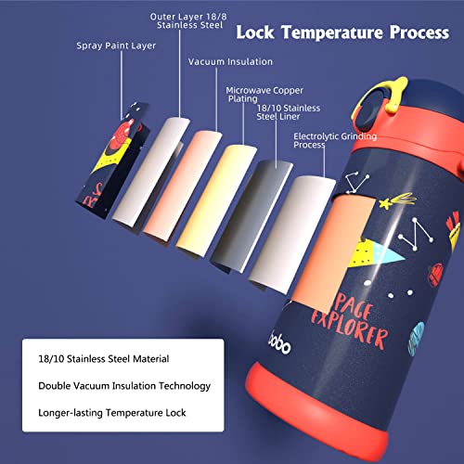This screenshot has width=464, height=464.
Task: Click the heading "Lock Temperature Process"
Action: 342,32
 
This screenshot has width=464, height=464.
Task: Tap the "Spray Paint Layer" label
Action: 116,45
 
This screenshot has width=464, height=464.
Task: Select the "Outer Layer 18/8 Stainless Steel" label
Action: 188,20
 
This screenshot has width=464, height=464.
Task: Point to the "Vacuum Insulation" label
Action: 230,61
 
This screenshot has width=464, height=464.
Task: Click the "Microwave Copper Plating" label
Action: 264,95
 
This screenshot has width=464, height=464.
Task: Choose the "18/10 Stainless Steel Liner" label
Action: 289,112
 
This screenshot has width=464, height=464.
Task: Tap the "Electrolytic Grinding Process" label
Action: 335,140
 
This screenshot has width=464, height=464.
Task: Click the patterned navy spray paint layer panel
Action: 113,161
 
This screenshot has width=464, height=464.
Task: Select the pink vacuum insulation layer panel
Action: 183,186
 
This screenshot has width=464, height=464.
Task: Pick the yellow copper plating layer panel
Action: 216,201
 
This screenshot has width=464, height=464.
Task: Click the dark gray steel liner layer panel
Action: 251,216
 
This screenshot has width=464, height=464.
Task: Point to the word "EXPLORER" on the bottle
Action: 350,331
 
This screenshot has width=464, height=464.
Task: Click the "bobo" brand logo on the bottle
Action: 279,342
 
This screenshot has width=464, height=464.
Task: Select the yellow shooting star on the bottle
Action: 397,200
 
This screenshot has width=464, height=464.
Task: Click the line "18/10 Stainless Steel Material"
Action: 104,359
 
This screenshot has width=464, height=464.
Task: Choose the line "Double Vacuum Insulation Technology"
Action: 124,386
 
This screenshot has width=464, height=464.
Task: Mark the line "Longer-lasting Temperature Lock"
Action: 112,413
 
